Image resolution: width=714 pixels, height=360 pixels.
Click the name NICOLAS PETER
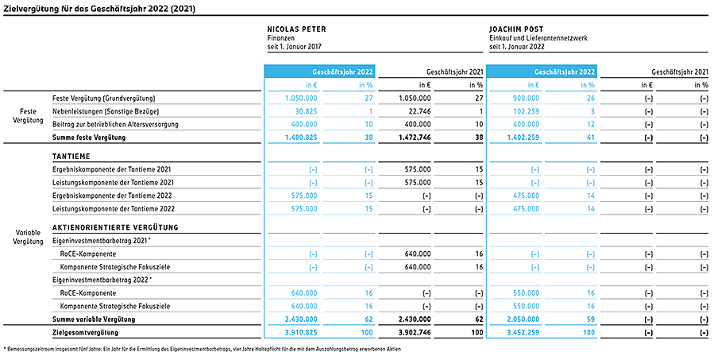296,29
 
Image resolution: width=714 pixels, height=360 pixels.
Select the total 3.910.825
302,333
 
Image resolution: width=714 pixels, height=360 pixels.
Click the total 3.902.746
415,333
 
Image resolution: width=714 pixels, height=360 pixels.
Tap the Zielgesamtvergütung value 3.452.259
523,333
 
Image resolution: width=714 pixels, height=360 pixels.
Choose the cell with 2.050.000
523,319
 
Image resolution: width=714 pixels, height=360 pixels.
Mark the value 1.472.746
415,137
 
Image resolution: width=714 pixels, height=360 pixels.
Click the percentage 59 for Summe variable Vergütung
591,319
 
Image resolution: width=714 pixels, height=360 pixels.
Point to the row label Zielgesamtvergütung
85,333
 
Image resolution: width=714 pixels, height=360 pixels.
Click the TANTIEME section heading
71,157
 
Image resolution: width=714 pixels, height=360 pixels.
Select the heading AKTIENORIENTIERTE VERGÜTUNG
115,227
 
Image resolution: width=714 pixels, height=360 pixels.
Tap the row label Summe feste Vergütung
89,137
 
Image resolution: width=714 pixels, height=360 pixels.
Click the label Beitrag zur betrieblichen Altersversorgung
115,125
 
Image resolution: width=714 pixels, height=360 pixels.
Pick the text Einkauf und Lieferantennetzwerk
538,38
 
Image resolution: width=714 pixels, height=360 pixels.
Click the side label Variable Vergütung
29,237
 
